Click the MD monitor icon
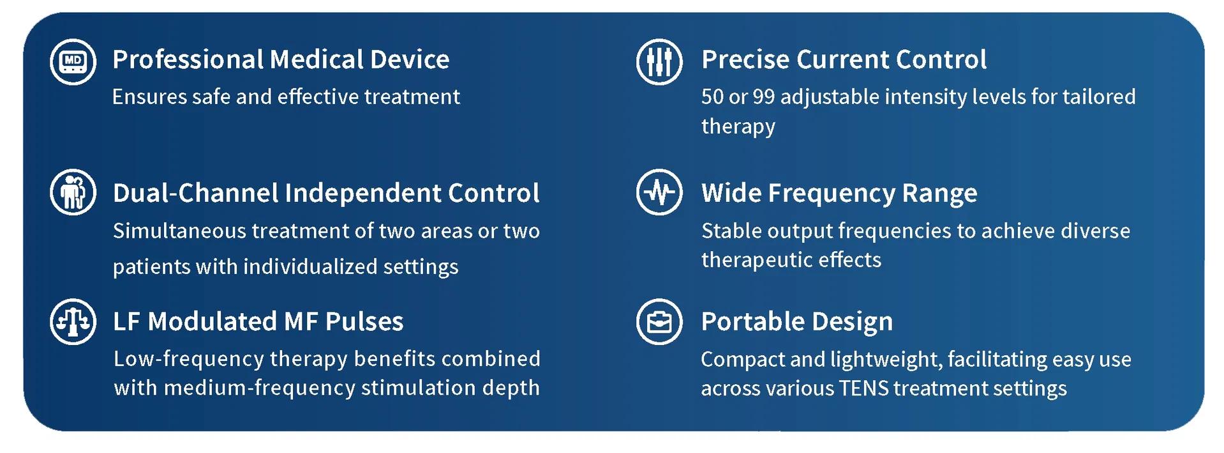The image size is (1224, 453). [73, 61]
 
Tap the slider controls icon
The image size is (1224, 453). [659, 61]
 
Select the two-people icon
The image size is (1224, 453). [73, 192]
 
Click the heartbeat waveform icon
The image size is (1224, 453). [659, 192]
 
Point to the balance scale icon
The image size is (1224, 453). [73, 321]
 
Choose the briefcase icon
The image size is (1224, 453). [659, 321]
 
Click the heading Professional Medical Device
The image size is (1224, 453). [281, 59]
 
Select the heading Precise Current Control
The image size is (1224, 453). [844, 59]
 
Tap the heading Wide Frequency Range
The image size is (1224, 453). [839, 193]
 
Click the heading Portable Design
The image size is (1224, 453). [796, 321]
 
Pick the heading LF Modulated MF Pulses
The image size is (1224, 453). [258, 321]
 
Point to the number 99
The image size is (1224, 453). [763, 96]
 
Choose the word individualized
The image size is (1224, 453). [310, 266]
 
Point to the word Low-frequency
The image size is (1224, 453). [189, 359]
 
